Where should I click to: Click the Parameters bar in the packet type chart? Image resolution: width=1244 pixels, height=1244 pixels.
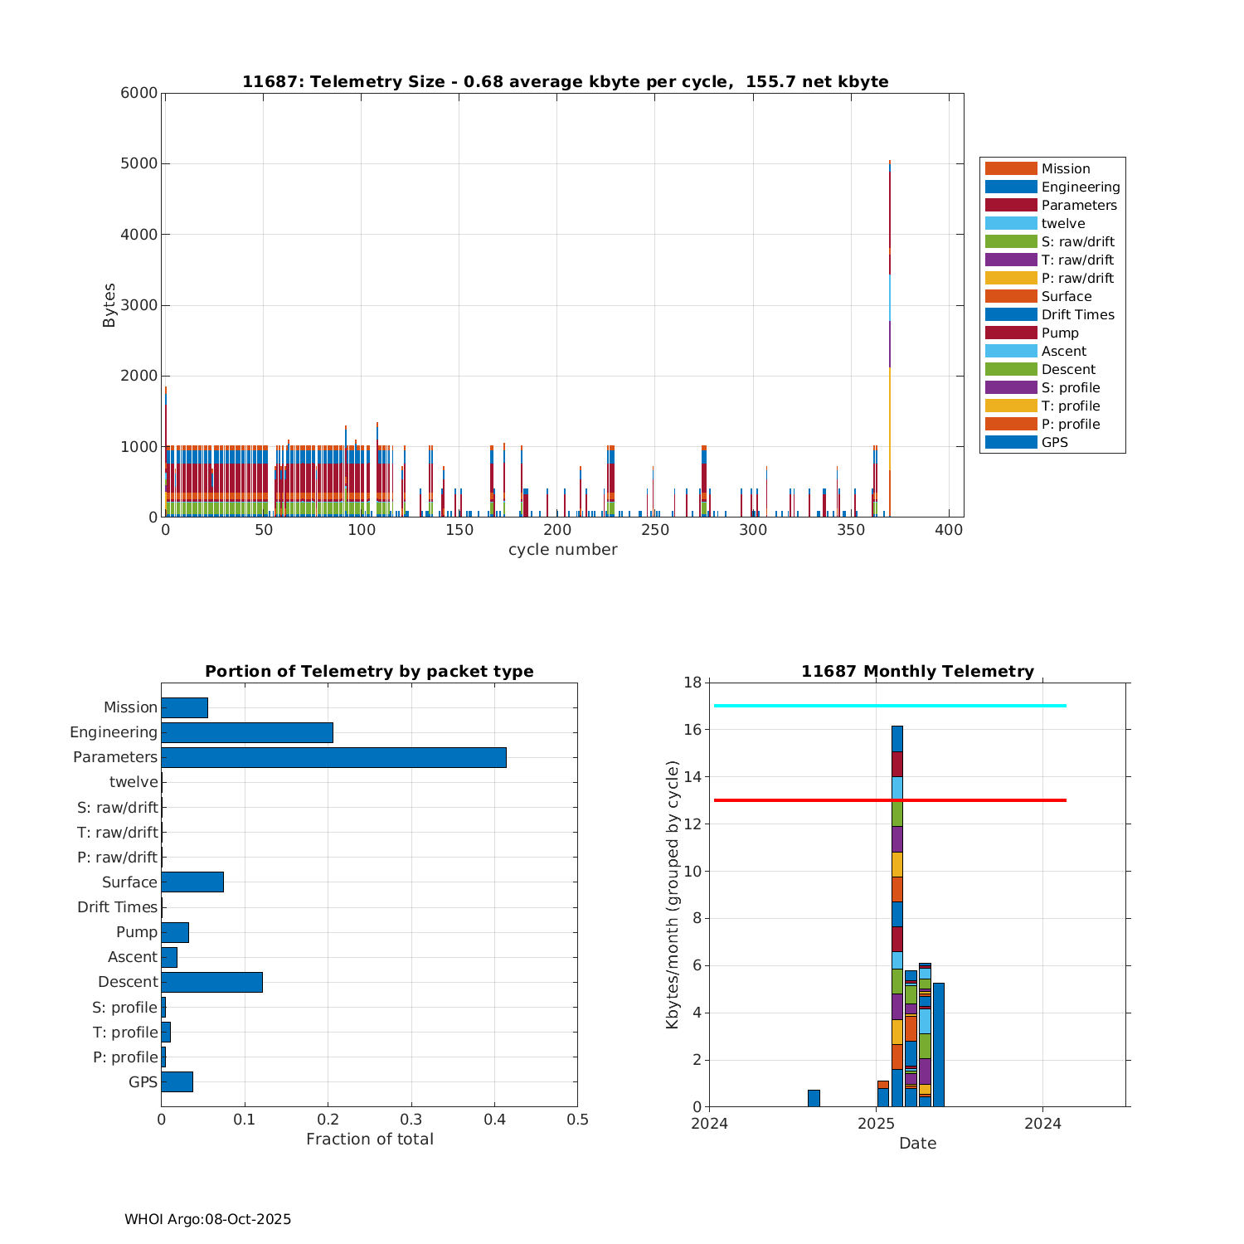[333, 757]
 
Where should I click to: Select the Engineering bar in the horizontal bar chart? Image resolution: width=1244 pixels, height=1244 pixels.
[247, 732]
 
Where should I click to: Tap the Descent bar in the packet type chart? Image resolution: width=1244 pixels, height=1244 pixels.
[211, 982]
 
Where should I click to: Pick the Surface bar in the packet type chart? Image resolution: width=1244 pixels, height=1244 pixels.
[192, 882]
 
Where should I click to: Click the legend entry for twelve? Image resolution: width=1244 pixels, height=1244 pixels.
[1063, 224]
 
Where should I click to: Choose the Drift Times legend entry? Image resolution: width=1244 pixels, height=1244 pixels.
[1077, 315]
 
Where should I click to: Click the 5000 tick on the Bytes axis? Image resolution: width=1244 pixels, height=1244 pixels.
[141, 164]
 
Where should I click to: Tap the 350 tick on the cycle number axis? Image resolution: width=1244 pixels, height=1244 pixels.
[851, 531]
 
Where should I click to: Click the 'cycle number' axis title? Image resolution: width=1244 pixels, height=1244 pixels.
[562, 550]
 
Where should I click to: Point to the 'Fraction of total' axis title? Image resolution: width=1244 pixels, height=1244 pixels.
[369, 1140]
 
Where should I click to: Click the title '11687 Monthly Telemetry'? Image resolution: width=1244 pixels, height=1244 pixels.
[917, 672]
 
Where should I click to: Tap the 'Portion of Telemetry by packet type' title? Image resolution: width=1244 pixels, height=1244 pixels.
[369, 672]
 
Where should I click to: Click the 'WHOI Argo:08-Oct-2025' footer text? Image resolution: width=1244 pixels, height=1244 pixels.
[207, 1219]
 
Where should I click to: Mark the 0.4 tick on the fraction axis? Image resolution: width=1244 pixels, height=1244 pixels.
[494, 1120]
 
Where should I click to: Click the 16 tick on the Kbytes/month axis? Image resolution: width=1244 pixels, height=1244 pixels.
[693, 730]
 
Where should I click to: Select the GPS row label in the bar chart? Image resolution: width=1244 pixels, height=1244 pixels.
[143, 1082]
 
